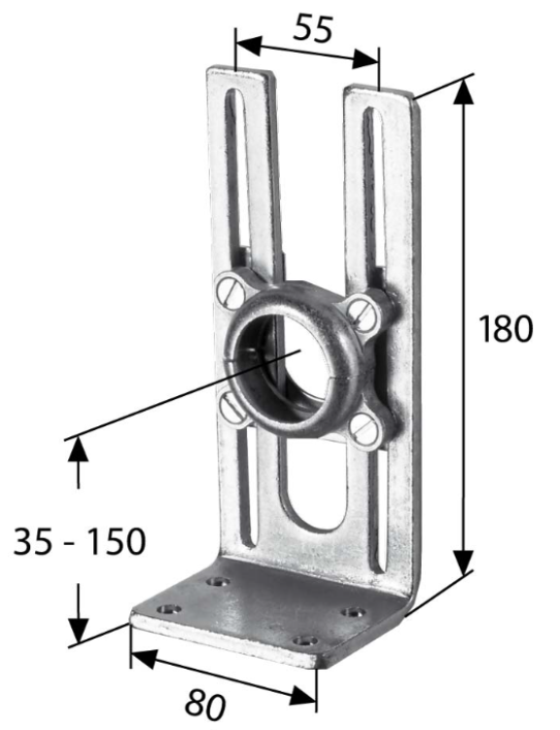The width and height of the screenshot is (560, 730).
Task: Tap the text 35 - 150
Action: coord(79,541)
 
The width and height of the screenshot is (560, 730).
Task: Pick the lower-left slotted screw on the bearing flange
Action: coord(231,409)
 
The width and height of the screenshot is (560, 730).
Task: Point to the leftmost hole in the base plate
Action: coord(173,608)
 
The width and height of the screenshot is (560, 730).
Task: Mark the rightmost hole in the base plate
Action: coord(354,614)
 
